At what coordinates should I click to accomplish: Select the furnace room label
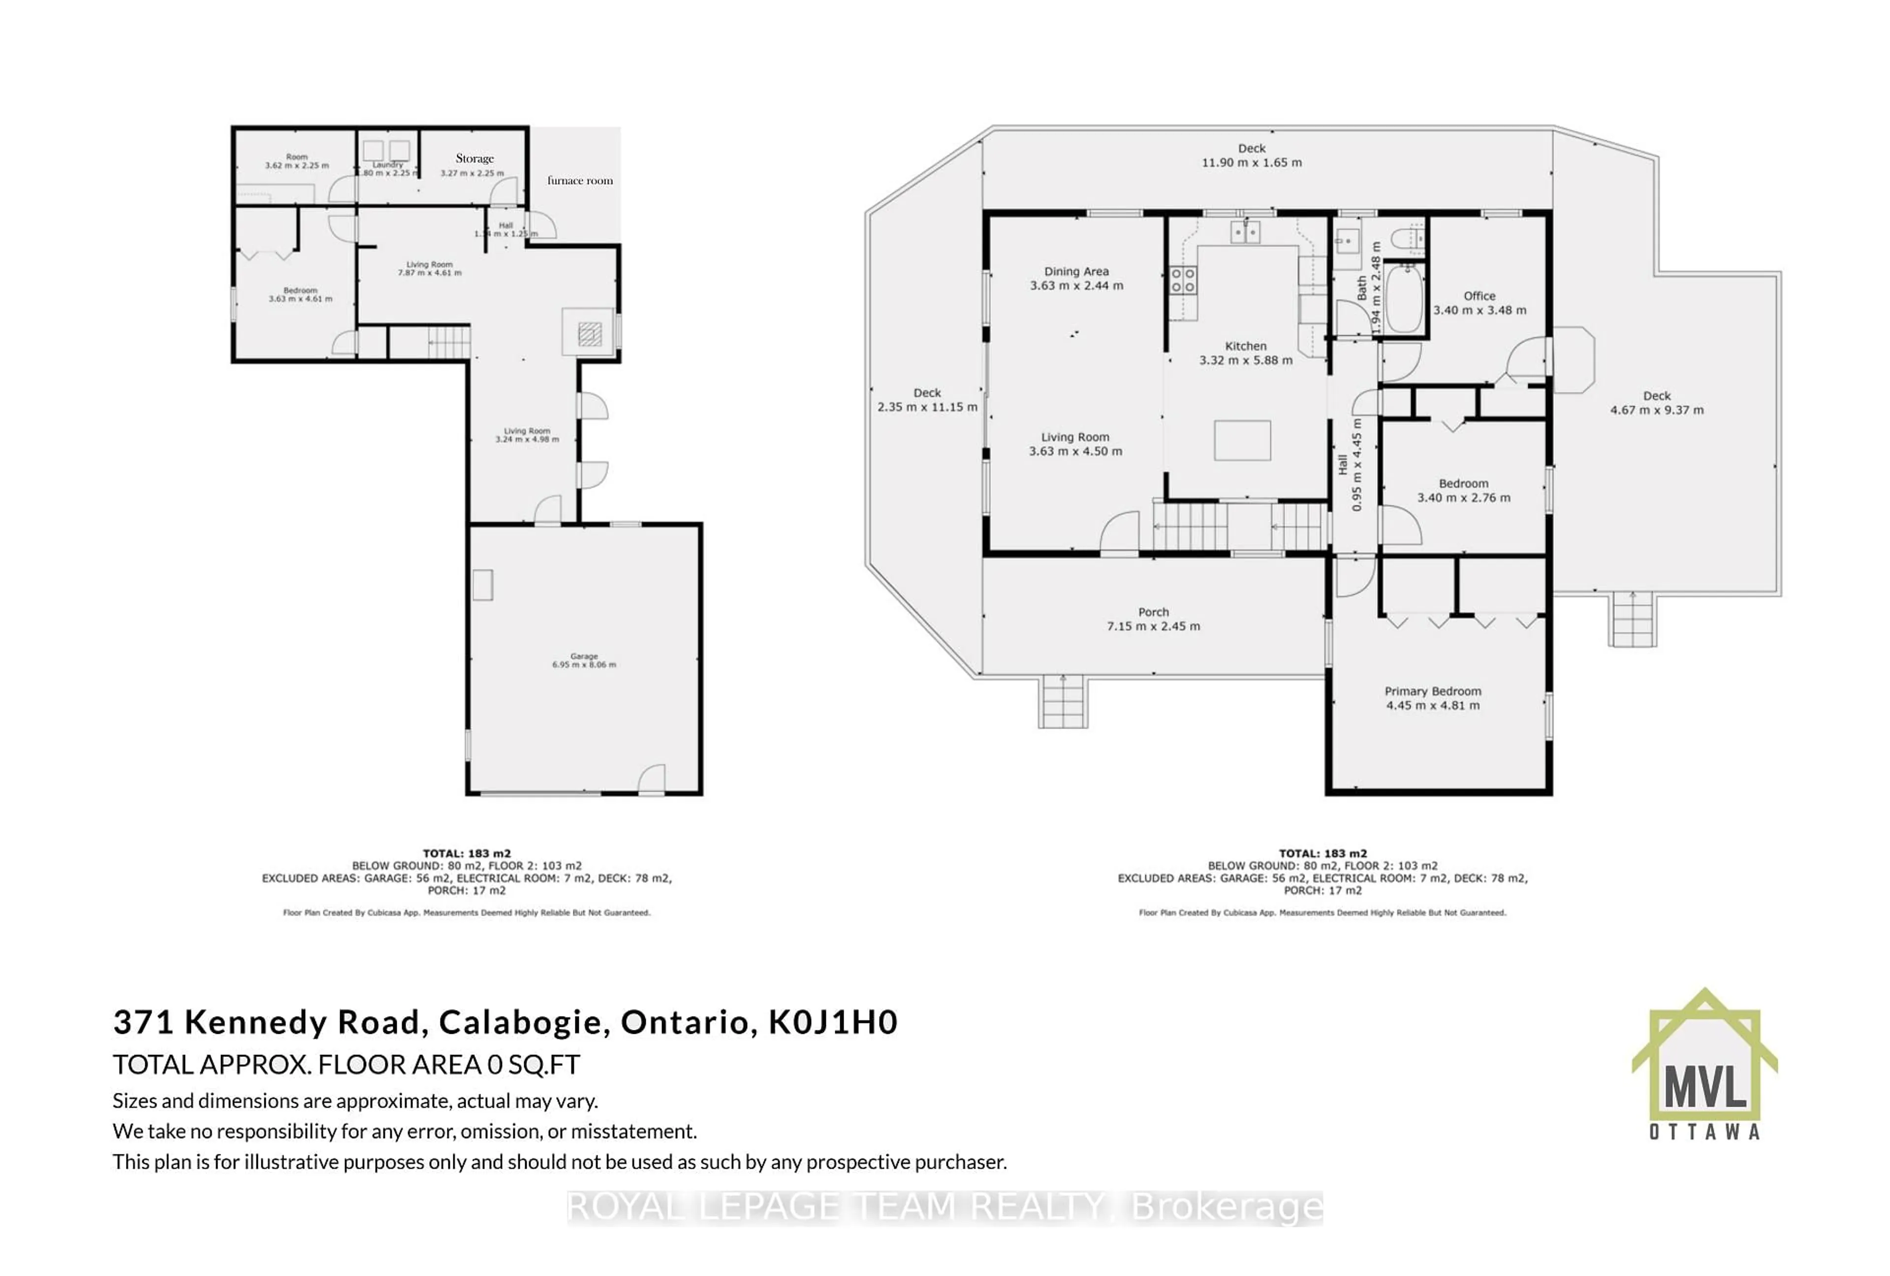coord(580,181)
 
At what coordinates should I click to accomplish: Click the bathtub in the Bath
coord(1405,298)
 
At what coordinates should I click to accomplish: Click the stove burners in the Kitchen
coord(1182,281)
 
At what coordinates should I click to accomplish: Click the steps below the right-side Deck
coord(1632,620)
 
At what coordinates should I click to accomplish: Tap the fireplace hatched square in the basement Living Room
coord(590,333)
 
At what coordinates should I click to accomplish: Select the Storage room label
coord(474,159)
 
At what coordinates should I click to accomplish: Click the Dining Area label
coord(1076,272)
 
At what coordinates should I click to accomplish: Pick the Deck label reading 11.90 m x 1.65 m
coord(1252,156)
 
